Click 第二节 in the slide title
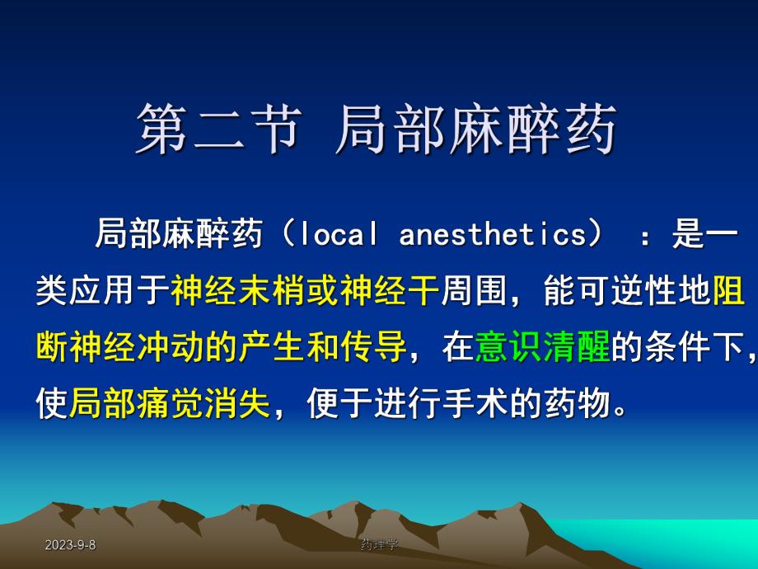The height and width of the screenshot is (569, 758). coord(216,129)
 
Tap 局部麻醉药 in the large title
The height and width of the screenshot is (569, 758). coord(476,129)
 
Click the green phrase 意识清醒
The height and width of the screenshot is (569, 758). coord(542,348)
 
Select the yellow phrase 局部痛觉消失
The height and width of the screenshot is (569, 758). coord(170,404)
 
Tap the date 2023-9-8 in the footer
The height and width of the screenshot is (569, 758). coord(70,545)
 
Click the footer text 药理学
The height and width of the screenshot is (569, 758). coord(379,545)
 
